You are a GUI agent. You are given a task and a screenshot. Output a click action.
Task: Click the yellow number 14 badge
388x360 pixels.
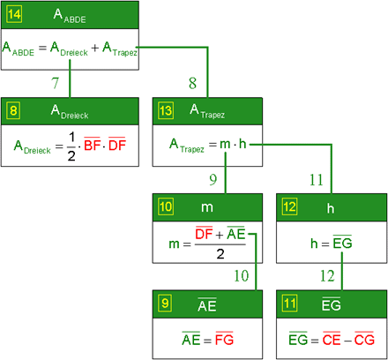tap(14, 14)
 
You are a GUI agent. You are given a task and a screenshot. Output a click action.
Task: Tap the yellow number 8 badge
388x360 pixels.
tap(13, 110)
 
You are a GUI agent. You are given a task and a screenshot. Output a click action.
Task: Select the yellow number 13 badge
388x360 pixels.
tap(166, 110)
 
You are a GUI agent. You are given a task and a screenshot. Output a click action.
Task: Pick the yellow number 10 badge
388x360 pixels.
tap(166, 206)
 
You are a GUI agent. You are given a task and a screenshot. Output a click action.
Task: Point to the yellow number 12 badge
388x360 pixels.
tap(289, 206)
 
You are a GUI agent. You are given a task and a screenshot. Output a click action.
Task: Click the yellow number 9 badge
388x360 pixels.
tap(165, 303)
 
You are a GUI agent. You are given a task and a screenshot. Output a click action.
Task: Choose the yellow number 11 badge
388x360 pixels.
tap(289, 303)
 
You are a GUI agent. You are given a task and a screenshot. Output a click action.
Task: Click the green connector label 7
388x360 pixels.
tap(56, 83)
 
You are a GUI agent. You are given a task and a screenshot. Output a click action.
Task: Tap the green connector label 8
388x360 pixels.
tap(192, 83)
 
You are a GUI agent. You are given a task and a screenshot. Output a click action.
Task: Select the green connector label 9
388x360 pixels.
tap(213, 179)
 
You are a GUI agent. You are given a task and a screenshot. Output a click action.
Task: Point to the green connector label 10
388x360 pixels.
tap(242, 276)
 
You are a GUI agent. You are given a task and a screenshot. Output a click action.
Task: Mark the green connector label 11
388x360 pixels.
tap(317, 180)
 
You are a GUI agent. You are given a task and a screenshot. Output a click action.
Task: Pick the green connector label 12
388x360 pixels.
tap(327, 276)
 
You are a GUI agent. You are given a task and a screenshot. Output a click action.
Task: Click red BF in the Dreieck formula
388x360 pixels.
tap(93, 145)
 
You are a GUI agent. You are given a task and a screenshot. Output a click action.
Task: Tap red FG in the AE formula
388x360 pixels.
tap(224, 339)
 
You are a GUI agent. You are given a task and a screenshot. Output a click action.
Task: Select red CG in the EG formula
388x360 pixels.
tap(364, 339)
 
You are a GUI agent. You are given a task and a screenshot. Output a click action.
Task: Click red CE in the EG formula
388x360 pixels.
tap(332, 339)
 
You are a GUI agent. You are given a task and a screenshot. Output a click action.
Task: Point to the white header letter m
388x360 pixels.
tap(207, 207)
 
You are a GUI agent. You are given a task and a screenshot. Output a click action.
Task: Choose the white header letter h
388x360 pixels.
tap(331, 208)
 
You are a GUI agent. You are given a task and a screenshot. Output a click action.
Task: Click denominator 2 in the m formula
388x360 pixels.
tap(220, 253)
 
